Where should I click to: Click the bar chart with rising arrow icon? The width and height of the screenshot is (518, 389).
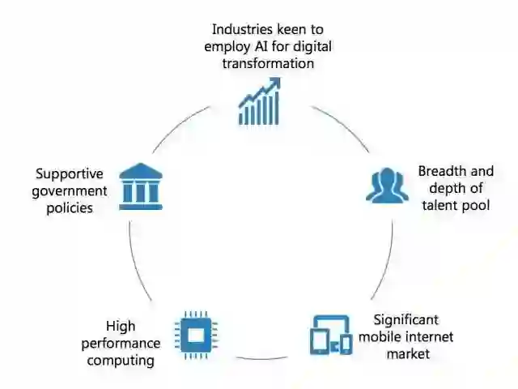click(x=259, y=101)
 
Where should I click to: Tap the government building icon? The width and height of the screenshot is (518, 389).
click(x=141, y=186)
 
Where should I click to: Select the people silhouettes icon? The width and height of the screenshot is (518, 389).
click(x=386, y=186)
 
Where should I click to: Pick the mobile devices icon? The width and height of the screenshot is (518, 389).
click(x=330, y=334)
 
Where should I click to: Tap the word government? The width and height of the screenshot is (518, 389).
click(x=71, y=190)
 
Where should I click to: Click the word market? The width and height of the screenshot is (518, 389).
click(x=408, y=353)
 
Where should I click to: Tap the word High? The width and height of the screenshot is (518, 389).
click(x=121, y=326)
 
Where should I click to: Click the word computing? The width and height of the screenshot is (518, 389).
click(x=121, y=360)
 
